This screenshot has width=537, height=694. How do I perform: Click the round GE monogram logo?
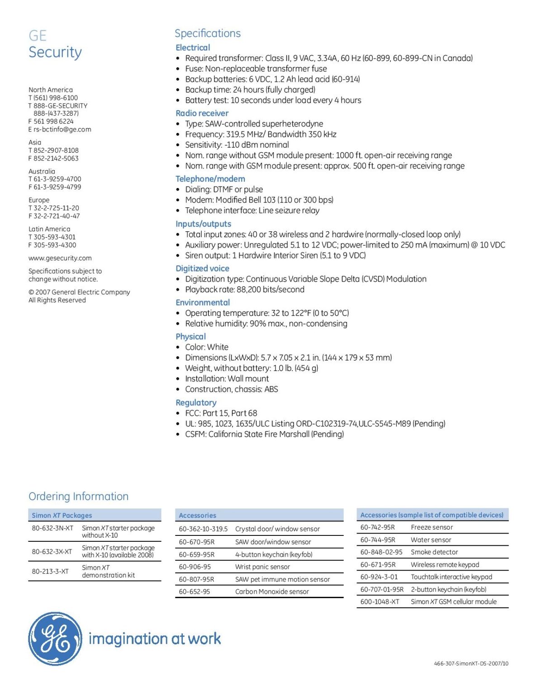tap(55, 638)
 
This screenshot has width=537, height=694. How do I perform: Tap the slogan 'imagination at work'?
tap(155, 639)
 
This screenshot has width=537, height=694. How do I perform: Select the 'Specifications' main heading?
tap(208, 33)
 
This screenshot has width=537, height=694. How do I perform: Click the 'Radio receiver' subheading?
tap(202, 113)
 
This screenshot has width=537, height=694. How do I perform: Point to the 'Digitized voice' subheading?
tap(202, 268)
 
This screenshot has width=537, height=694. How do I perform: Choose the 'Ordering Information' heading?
tap(78, 496)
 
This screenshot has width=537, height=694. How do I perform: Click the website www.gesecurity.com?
tap(60, 258)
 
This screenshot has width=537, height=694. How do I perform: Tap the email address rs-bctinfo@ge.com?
tap(62, 129)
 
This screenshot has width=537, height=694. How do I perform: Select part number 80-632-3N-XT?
tap(52, 528)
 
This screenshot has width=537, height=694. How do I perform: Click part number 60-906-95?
tap(195, 567)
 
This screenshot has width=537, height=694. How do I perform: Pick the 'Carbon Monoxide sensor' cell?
tap(272, 591)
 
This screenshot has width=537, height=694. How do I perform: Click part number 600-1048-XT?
tap(380, 602)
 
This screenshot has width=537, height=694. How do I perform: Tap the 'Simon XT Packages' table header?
tap(62, 516)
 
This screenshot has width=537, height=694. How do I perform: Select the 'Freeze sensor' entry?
tap(432, 527)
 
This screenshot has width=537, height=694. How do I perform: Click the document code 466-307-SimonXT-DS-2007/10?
tap(471, 664)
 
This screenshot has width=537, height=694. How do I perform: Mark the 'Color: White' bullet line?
tap(207, 347)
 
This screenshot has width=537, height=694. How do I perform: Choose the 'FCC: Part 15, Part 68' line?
tap(221, 413)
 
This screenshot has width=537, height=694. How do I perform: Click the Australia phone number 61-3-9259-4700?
tap(57, 179)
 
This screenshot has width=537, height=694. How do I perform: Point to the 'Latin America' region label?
tap(49, 229)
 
